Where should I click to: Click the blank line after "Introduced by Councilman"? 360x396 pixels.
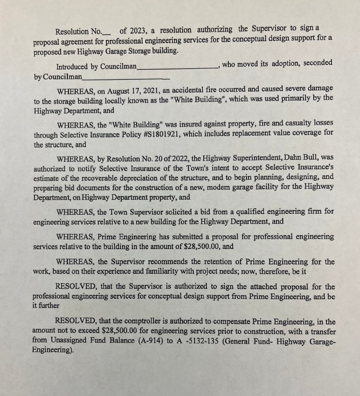[178, 67]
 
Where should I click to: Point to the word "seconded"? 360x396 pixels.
[318, 63]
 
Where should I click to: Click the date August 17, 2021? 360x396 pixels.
[133, 91]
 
